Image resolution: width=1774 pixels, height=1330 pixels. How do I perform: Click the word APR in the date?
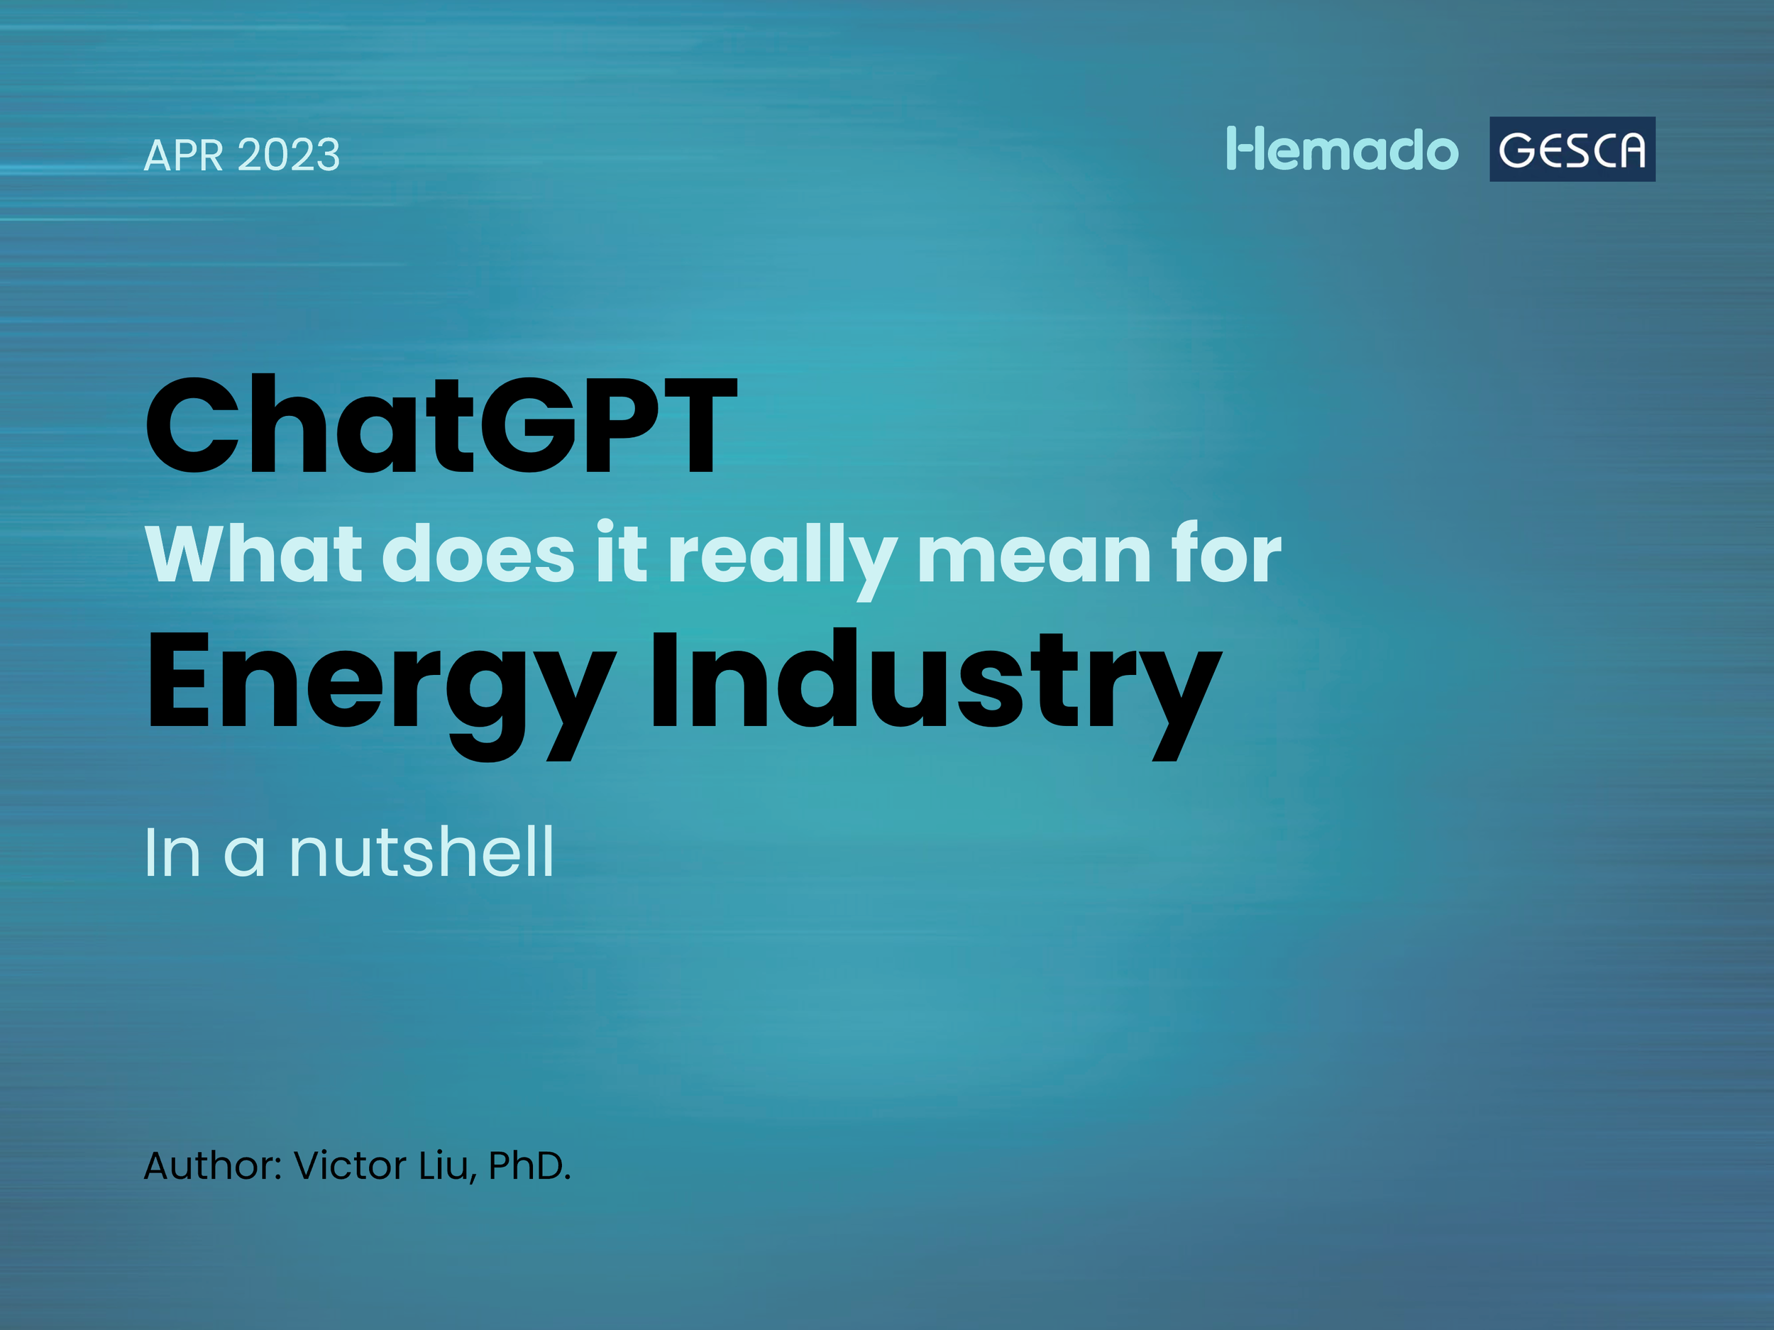click(x=183, y=155)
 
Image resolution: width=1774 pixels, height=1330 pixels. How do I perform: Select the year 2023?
click(x=289, y=155)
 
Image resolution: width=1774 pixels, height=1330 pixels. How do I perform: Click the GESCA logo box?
click(x=1572, y=149)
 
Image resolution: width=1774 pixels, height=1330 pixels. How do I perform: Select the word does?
click(x=478, y=554)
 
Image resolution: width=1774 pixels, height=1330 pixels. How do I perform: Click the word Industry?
click(x=935, y=686)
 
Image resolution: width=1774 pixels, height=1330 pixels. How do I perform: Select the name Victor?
click(x=350, y=1165)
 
